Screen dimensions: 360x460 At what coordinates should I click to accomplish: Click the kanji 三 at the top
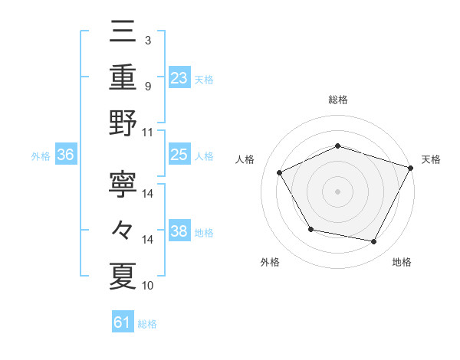(123, 33)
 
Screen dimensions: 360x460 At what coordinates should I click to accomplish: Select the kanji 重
(123, 77)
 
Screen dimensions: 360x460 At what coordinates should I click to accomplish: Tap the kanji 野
(123, 123)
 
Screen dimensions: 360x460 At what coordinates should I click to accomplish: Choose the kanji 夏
(123, 277)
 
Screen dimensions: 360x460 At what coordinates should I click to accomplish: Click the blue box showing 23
(179, 77)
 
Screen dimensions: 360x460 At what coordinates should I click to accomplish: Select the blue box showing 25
(179, 155)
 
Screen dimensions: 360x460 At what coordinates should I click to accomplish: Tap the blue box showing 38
(179, 231)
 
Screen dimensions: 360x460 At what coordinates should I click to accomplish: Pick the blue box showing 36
(65, 155)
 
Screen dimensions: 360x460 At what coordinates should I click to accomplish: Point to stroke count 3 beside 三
(147, 40)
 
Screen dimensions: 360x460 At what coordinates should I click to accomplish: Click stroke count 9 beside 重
(147, 85)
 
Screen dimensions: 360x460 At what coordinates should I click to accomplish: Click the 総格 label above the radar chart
(338, 100)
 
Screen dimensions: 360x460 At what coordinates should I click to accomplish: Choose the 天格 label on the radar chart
(431, 159)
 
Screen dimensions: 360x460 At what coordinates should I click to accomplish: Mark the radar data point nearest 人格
(280, 172)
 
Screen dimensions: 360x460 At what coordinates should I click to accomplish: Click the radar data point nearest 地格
(374, 242)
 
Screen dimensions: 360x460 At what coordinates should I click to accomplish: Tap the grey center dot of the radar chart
(338, 191)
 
